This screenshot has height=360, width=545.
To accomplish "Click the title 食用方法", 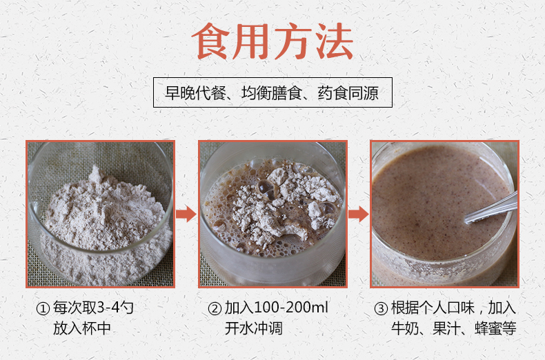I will pos(272,43).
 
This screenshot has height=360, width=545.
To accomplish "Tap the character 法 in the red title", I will pos(333,43).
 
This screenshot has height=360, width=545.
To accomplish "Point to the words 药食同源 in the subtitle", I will pos(348,92).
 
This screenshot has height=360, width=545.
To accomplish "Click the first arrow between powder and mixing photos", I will pos(186,214).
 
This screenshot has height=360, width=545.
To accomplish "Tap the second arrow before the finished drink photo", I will pos(358,214).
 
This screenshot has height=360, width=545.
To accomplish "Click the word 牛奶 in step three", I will pos(403,328).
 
